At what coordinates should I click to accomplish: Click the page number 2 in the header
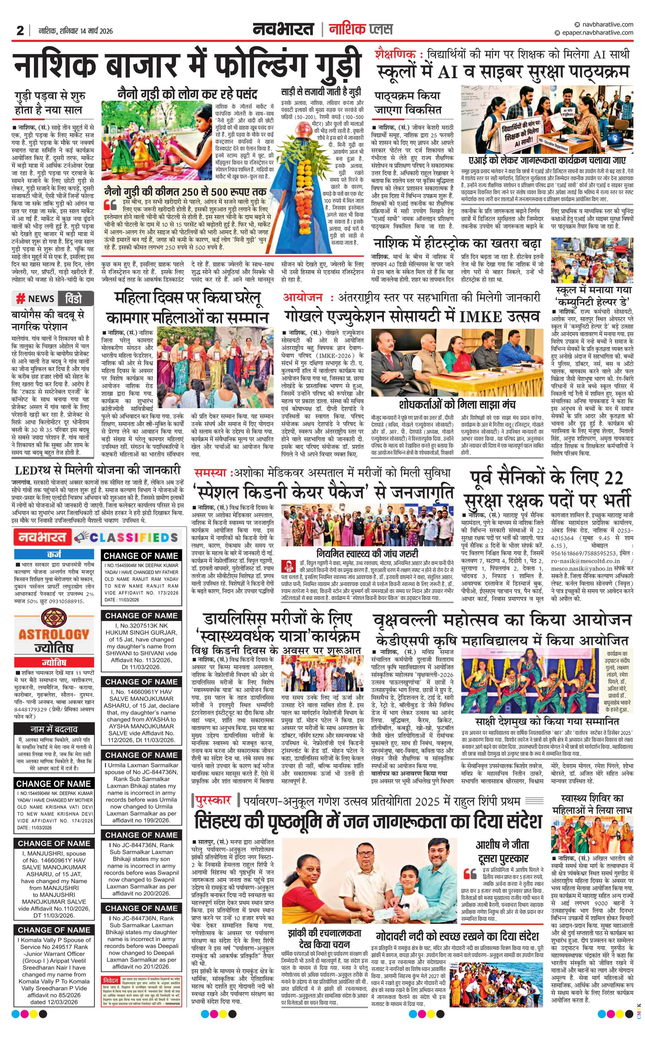(x=20, y=31)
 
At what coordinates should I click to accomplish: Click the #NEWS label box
(x=35, y=299)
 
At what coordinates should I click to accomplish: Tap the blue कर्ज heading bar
(x=54, y=554)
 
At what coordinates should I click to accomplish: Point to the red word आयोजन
(x=302, y=297)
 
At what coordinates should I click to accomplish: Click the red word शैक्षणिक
(x=395, y=54)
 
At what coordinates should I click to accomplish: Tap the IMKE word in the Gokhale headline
(x=480, y=317)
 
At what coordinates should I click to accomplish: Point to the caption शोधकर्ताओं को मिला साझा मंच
(x=457, y=405)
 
